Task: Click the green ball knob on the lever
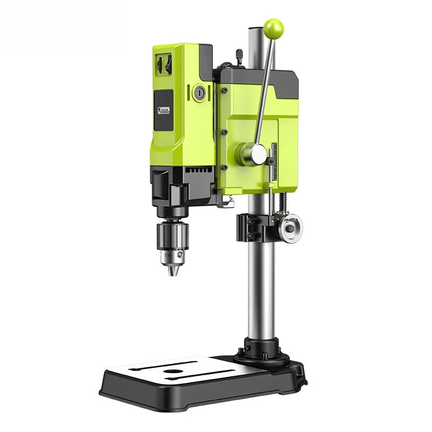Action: tap(274, 27)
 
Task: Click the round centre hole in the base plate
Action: tap(173, 372)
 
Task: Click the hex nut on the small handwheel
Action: tap(289, 228)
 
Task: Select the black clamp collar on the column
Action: tap(253, 227)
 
